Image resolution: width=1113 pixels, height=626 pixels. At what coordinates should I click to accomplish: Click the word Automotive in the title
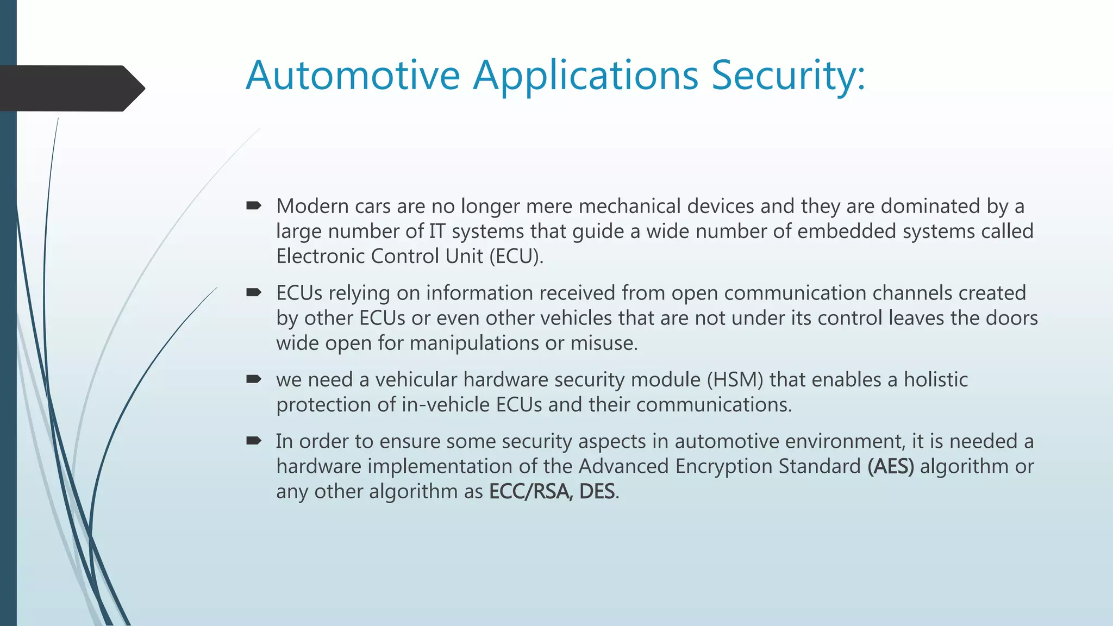(x=353, y=75)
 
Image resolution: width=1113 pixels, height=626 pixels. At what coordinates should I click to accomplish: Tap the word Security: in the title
(x=788, y=75)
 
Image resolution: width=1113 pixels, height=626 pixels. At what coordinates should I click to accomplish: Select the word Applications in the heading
(x=585, y=76)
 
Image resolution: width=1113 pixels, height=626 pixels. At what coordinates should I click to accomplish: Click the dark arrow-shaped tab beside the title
(x=71, y=89)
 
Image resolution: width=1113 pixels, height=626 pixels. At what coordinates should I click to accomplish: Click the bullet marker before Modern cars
(x=253, y=206)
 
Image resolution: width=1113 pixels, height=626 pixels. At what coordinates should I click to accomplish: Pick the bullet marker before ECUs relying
(x=253, y=293)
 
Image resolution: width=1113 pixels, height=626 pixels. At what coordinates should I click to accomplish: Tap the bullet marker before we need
(x=253, y=379)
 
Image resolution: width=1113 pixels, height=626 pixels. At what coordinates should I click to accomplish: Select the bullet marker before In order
(x=253, y=441)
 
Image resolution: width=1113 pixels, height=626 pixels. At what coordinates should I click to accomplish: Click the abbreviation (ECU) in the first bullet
(x=516, y=256)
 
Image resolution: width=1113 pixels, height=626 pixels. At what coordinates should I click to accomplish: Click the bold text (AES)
(x=891, y=467)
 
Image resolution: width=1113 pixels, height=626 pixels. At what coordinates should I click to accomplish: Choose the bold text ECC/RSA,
(x=530, y=492)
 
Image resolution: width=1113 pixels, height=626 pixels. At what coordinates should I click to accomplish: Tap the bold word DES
(x=597, y=492)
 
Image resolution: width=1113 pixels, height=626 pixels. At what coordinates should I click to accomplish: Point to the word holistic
(x=935, y=380)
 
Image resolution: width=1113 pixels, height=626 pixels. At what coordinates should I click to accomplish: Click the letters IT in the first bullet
(x=437, y=231)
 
